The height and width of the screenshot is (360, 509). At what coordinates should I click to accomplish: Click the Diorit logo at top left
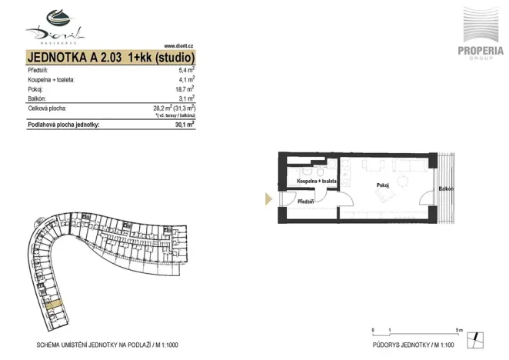(x=55, y=24)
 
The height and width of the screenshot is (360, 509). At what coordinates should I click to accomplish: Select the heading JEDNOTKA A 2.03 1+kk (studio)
(x=111, y=58)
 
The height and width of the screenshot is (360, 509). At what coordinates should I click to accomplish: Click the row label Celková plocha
(x=47, y=109)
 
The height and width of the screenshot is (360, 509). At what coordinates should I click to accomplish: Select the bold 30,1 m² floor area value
(x=183, y=124)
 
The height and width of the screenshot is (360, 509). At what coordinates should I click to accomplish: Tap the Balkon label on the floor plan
(x=446, y=189)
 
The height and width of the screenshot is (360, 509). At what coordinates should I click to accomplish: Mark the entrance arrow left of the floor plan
(x=268, y=198)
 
